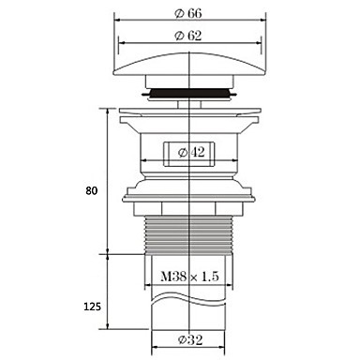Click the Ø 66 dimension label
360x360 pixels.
point(188,13)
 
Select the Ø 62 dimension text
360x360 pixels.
point(188,36)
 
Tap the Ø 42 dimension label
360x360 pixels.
point(191,152)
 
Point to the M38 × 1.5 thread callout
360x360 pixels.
point(189,277)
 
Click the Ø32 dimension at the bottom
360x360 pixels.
point(190,339)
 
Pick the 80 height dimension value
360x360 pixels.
point(92,190)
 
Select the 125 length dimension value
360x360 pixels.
point(92,307)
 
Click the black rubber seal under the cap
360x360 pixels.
point(189,93)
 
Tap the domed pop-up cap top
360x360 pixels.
point(189,65)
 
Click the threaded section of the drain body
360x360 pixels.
point(189,235)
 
